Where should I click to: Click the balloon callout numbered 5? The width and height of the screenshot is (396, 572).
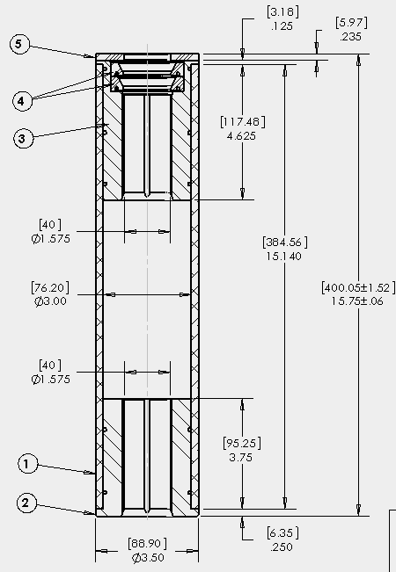pos(19,45)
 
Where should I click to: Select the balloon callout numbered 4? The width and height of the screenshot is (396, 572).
pos(22,101)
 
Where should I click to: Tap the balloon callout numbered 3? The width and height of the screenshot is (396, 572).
pos(23,139)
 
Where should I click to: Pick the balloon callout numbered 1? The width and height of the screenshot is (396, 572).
pos(27,465)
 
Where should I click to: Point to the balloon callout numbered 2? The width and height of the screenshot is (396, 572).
pos(26,503)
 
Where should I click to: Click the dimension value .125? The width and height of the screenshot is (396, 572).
pos(282,26)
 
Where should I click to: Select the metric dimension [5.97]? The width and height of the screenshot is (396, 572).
pos(351,23)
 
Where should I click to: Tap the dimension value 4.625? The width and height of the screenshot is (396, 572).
pos(241,136)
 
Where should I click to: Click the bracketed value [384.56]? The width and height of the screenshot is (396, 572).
pos(285,243)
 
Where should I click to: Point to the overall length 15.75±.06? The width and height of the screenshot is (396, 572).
pos(357,301)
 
